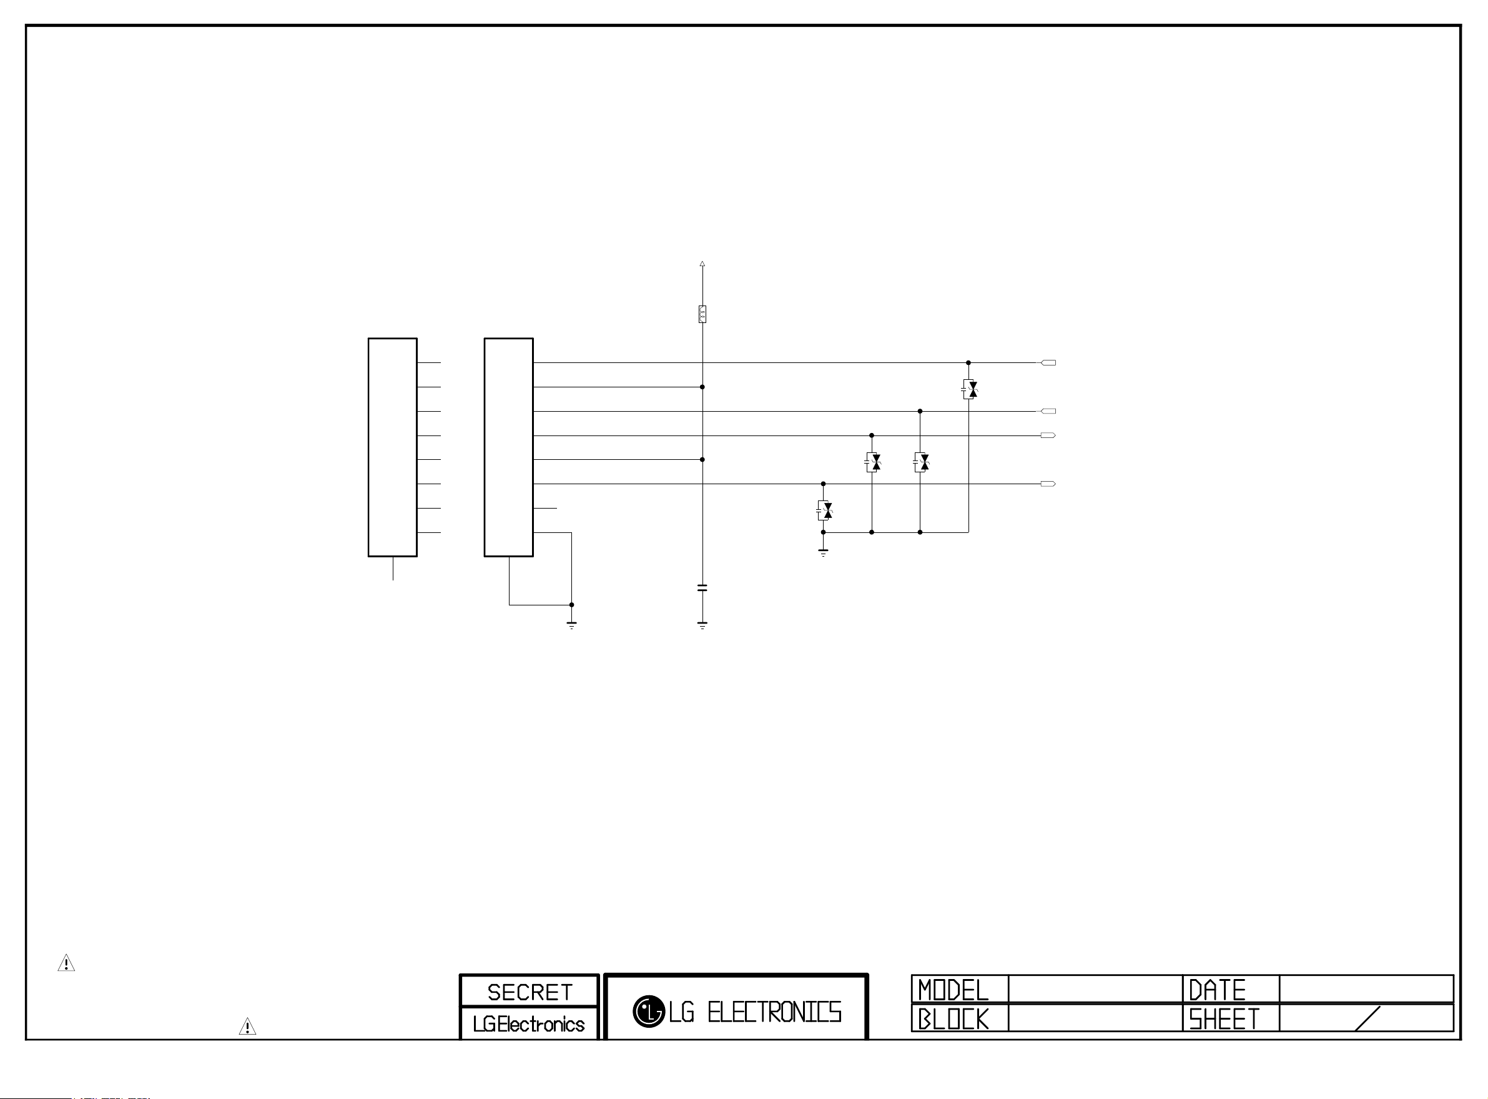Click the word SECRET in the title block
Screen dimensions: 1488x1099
[x=530, y=993]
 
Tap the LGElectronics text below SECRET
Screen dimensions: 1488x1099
[x=529, y=1024]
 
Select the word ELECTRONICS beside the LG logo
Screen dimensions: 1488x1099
[x=774, y=1012]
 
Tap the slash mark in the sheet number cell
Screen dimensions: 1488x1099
[x=1367, y=1018]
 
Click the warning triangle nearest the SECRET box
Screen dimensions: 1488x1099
[x=247, y=1027]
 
